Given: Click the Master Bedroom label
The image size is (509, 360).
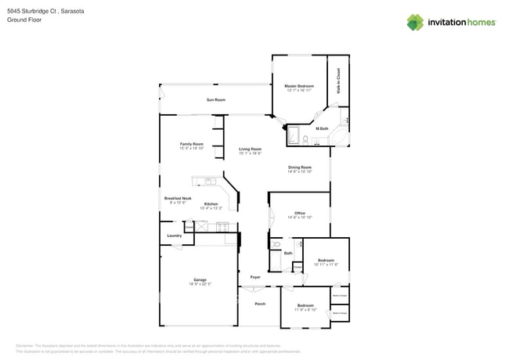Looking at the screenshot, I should [x=298, y=85].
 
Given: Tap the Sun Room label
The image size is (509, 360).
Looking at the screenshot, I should [x=215, y=99].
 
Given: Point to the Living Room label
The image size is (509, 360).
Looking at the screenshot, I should [x=250, y=149].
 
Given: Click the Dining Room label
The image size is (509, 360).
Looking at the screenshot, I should [x=299, y=167].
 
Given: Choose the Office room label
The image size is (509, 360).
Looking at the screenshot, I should [x=299, y=213].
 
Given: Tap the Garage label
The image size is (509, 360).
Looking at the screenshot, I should [x=200, y=279].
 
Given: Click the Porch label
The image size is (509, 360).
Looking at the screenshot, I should [x=260, y=304].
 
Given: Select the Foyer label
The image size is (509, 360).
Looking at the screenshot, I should [x=255, y=277].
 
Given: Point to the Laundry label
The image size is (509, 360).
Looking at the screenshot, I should [x=174, y=235].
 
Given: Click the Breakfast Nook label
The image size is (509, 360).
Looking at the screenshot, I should [x=177, y=199].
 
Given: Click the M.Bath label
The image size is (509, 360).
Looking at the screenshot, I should [x=321, y=128].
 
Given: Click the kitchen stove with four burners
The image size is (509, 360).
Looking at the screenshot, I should [x=222, y=228].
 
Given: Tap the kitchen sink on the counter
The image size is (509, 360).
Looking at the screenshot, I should [x=210, y=182].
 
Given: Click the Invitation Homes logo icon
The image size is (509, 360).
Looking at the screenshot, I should [x=416, y=22].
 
